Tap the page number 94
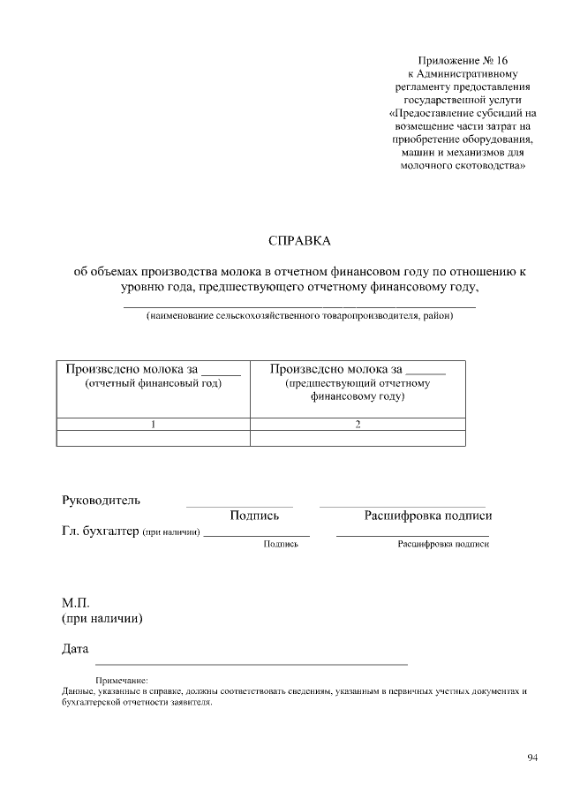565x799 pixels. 532,758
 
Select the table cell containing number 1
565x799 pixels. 153,424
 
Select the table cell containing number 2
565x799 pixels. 358,424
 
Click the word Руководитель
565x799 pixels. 101,501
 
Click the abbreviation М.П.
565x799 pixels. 76,602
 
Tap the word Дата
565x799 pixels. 75,649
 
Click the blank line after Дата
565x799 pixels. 251,661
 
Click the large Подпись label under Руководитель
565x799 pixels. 254,516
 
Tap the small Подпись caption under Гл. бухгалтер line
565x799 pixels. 281,545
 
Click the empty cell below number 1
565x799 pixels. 153,438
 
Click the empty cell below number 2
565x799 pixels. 358,438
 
